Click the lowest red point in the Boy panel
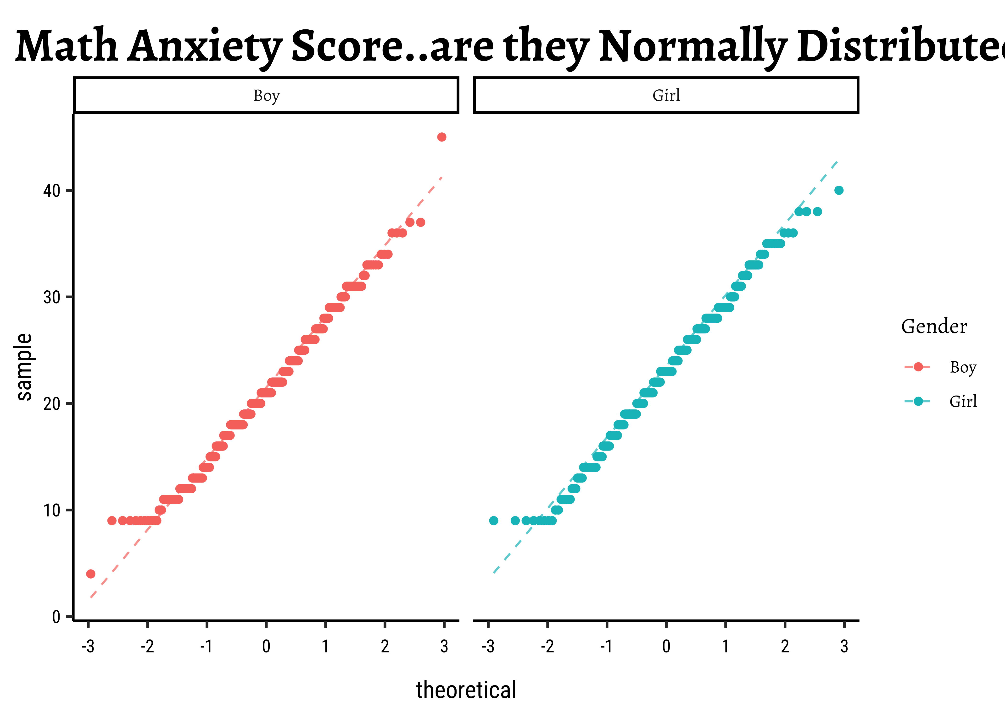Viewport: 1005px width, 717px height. [91, 574]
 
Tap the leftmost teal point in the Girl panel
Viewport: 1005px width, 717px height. [494, 521]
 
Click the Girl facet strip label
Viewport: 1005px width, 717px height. [666, 95]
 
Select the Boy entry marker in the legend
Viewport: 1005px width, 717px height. [918, 367]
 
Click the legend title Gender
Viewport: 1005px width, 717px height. [934, 327]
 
